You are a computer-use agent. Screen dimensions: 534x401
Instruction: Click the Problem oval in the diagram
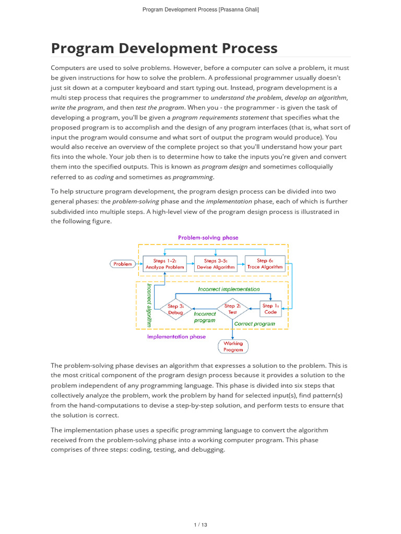tap(123, 264)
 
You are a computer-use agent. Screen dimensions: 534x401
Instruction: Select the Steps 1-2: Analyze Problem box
tap(164, 264)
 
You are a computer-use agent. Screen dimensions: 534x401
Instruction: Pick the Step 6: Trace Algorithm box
tap(265, 264)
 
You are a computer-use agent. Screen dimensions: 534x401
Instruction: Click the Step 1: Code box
tap(270, 309)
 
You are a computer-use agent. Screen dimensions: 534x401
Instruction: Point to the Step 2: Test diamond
tap(232, 309)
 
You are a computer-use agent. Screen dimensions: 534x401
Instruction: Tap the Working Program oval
tap(233, 347)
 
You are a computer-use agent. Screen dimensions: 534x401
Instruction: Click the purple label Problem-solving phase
tap(208, 238)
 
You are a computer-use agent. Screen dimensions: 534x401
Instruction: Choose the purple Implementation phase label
tap(176, 337)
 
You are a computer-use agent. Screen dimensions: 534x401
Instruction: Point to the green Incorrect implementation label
tap(228, 289)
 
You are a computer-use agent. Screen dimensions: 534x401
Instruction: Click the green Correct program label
tap(254, 324)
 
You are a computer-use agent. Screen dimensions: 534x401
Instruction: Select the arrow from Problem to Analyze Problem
tap(139, 264)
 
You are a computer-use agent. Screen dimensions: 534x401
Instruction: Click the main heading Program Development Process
tap(164, 48)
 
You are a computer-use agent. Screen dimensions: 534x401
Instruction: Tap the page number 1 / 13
tap(200, 525)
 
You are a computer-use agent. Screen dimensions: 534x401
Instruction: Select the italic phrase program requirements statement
tap(220, 117)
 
